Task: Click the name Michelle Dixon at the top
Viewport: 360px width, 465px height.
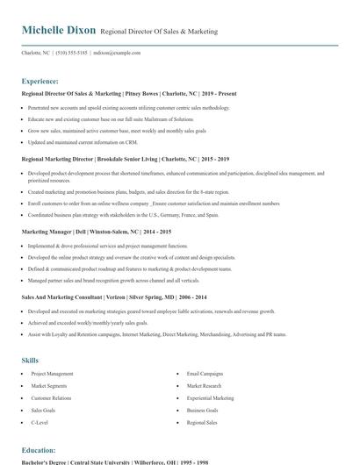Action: coord(59,31)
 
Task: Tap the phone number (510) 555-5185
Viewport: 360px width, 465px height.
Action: coord(71,53)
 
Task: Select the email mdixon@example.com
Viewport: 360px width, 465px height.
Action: coord(117,53)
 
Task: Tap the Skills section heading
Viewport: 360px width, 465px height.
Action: coord(30,360)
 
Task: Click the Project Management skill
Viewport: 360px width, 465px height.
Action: coord(53,374)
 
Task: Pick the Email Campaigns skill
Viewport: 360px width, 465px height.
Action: coord(205,374)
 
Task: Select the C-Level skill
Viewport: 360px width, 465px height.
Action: coord(40,422)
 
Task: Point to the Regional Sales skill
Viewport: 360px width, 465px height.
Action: coord(203,422)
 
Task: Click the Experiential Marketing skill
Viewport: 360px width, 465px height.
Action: coord(211,397)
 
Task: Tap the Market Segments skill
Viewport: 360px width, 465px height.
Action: coord(49,386)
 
